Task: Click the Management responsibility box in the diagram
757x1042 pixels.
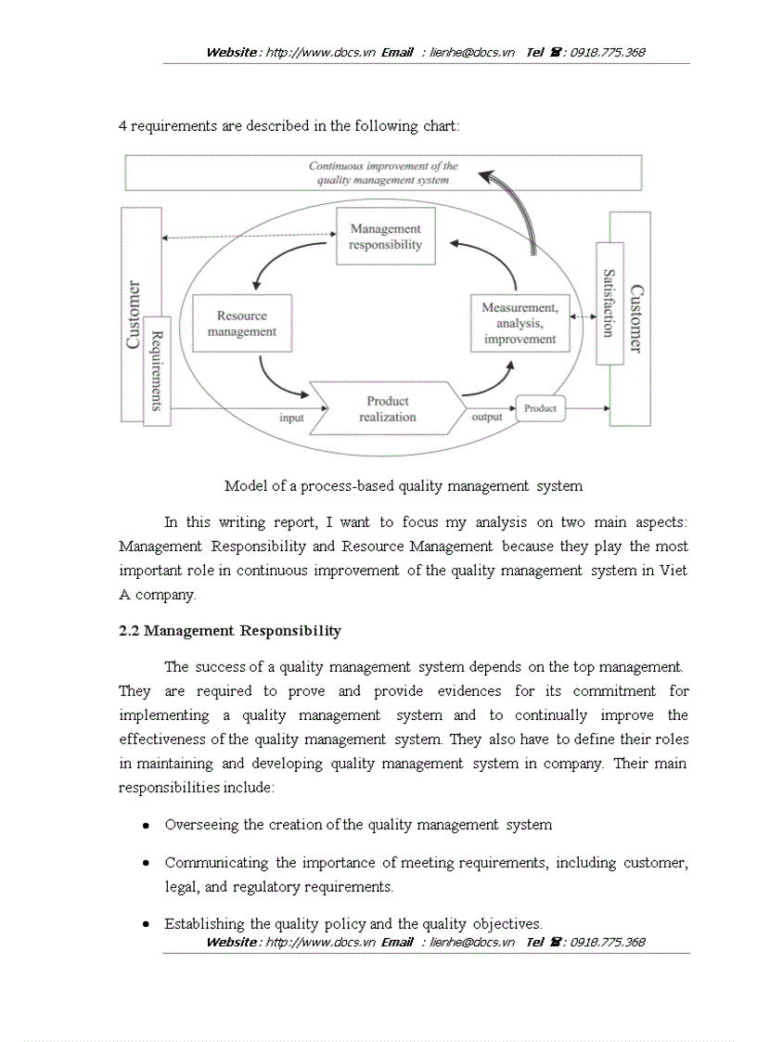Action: click(385, 237)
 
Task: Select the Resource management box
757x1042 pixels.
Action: click(242, 324)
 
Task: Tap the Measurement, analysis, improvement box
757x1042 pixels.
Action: click(520, 323)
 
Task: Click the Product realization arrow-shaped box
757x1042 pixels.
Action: click(388, 408)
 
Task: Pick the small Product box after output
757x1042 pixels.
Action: click(540, 408)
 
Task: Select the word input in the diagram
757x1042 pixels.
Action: click(291, 418)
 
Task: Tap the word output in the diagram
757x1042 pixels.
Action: click(487, 417)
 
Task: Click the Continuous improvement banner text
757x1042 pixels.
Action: click(383, 174)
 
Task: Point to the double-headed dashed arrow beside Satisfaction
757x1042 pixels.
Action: click(583, 317)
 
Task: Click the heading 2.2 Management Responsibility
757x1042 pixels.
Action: click(230, 631)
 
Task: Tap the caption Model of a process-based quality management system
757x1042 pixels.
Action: click(404, 485)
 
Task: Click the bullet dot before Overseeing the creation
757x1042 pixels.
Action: click(147, 825)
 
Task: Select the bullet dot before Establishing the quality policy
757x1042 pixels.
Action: click(147, 924)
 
